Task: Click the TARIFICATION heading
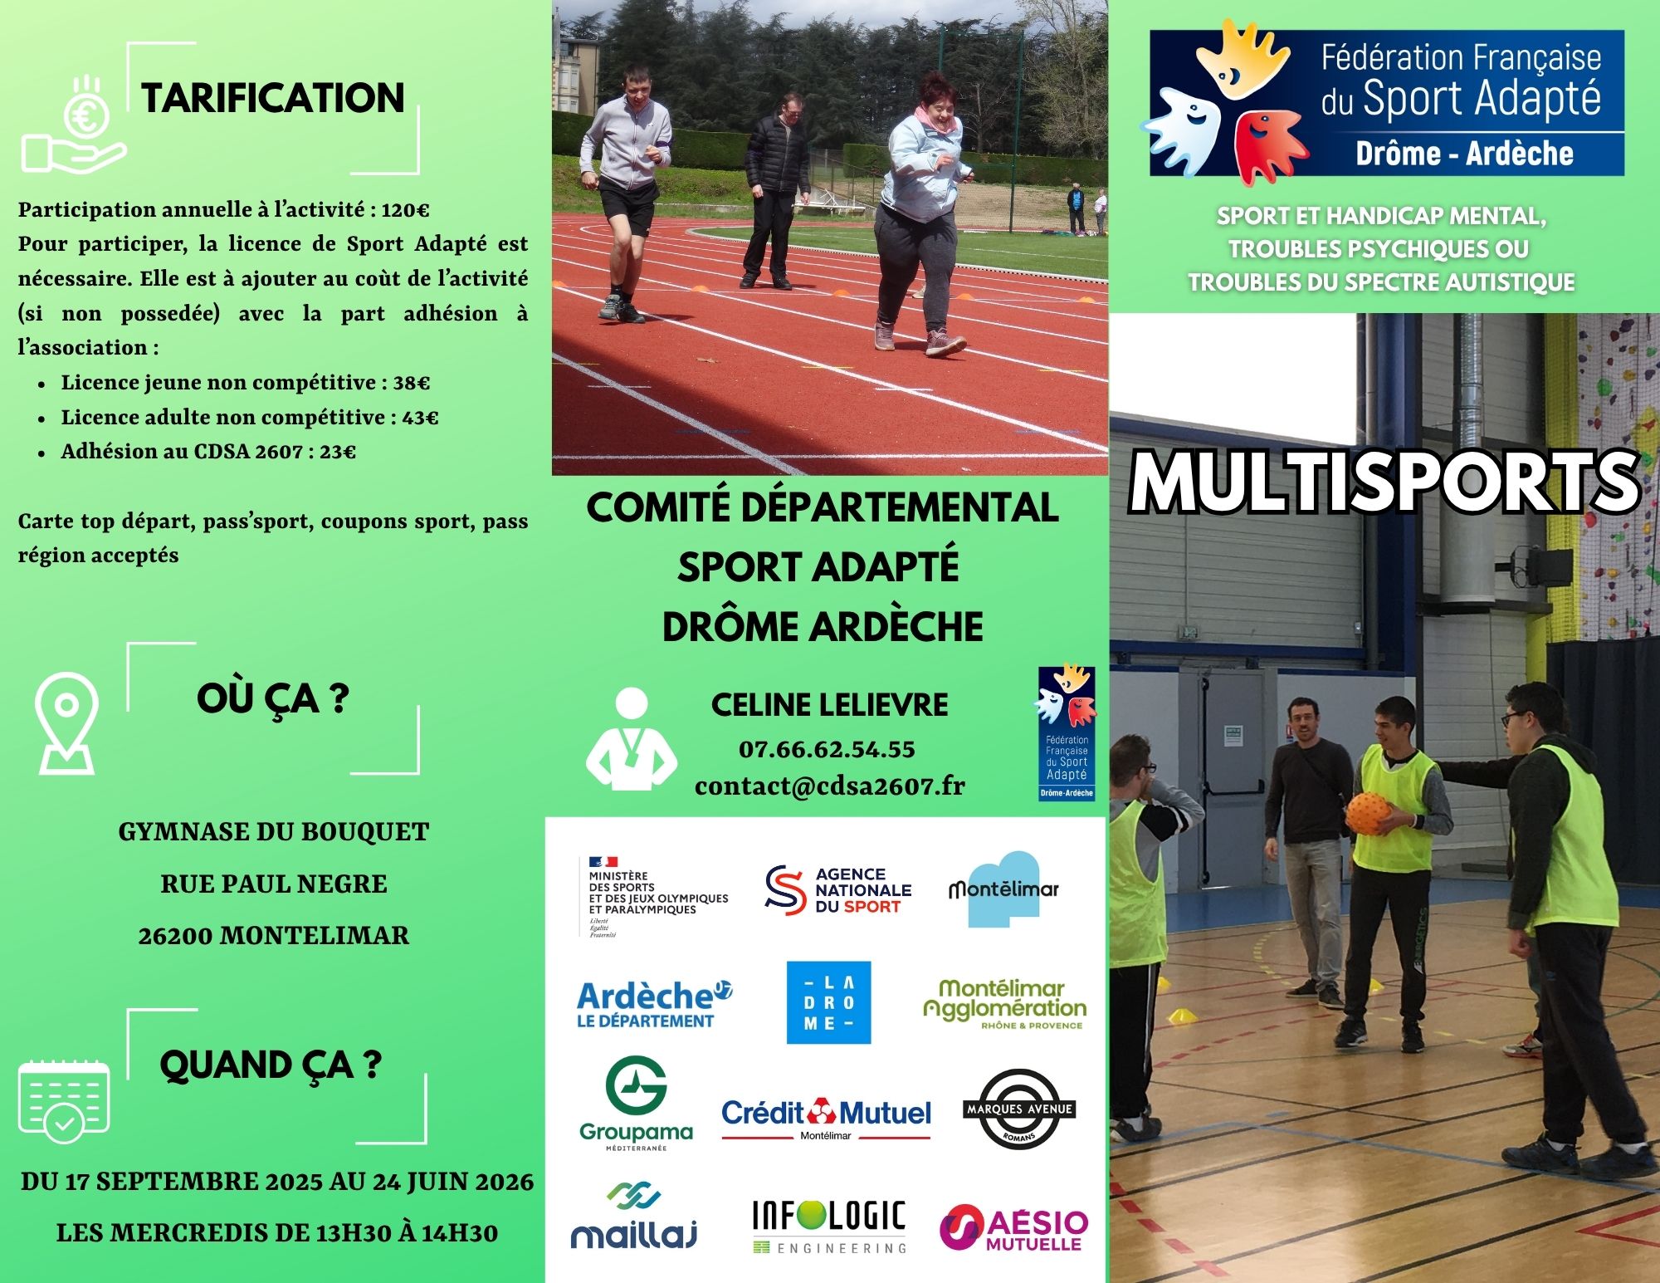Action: [x=273, y=98]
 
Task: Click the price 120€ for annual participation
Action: [x=405, y=209]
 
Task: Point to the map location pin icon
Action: [x=66, y=722]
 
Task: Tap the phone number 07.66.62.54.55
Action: [x=827, y=749]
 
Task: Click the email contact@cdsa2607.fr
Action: [x=830, y=786]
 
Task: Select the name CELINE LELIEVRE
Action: [x=829, y=705]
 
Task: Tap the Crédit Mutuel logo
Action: [x=826, y=1118]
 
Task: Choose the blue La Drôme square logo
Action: [x=828, y=1002]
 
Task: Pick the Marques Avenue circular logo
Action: [x=1019, y=1109]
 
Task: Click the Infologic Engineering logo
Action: [x=829, y=1226]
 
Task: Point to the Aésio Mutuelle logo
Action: [x=1013, y=1227]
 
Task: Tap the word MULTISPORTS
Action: [x=1384, y=482]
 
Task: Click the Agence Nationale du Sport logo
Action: [x=837, y=890]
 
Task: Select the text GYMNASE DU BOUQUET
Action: [x=274, y=831]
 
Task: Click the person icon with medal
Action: [x=632, y=738]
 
